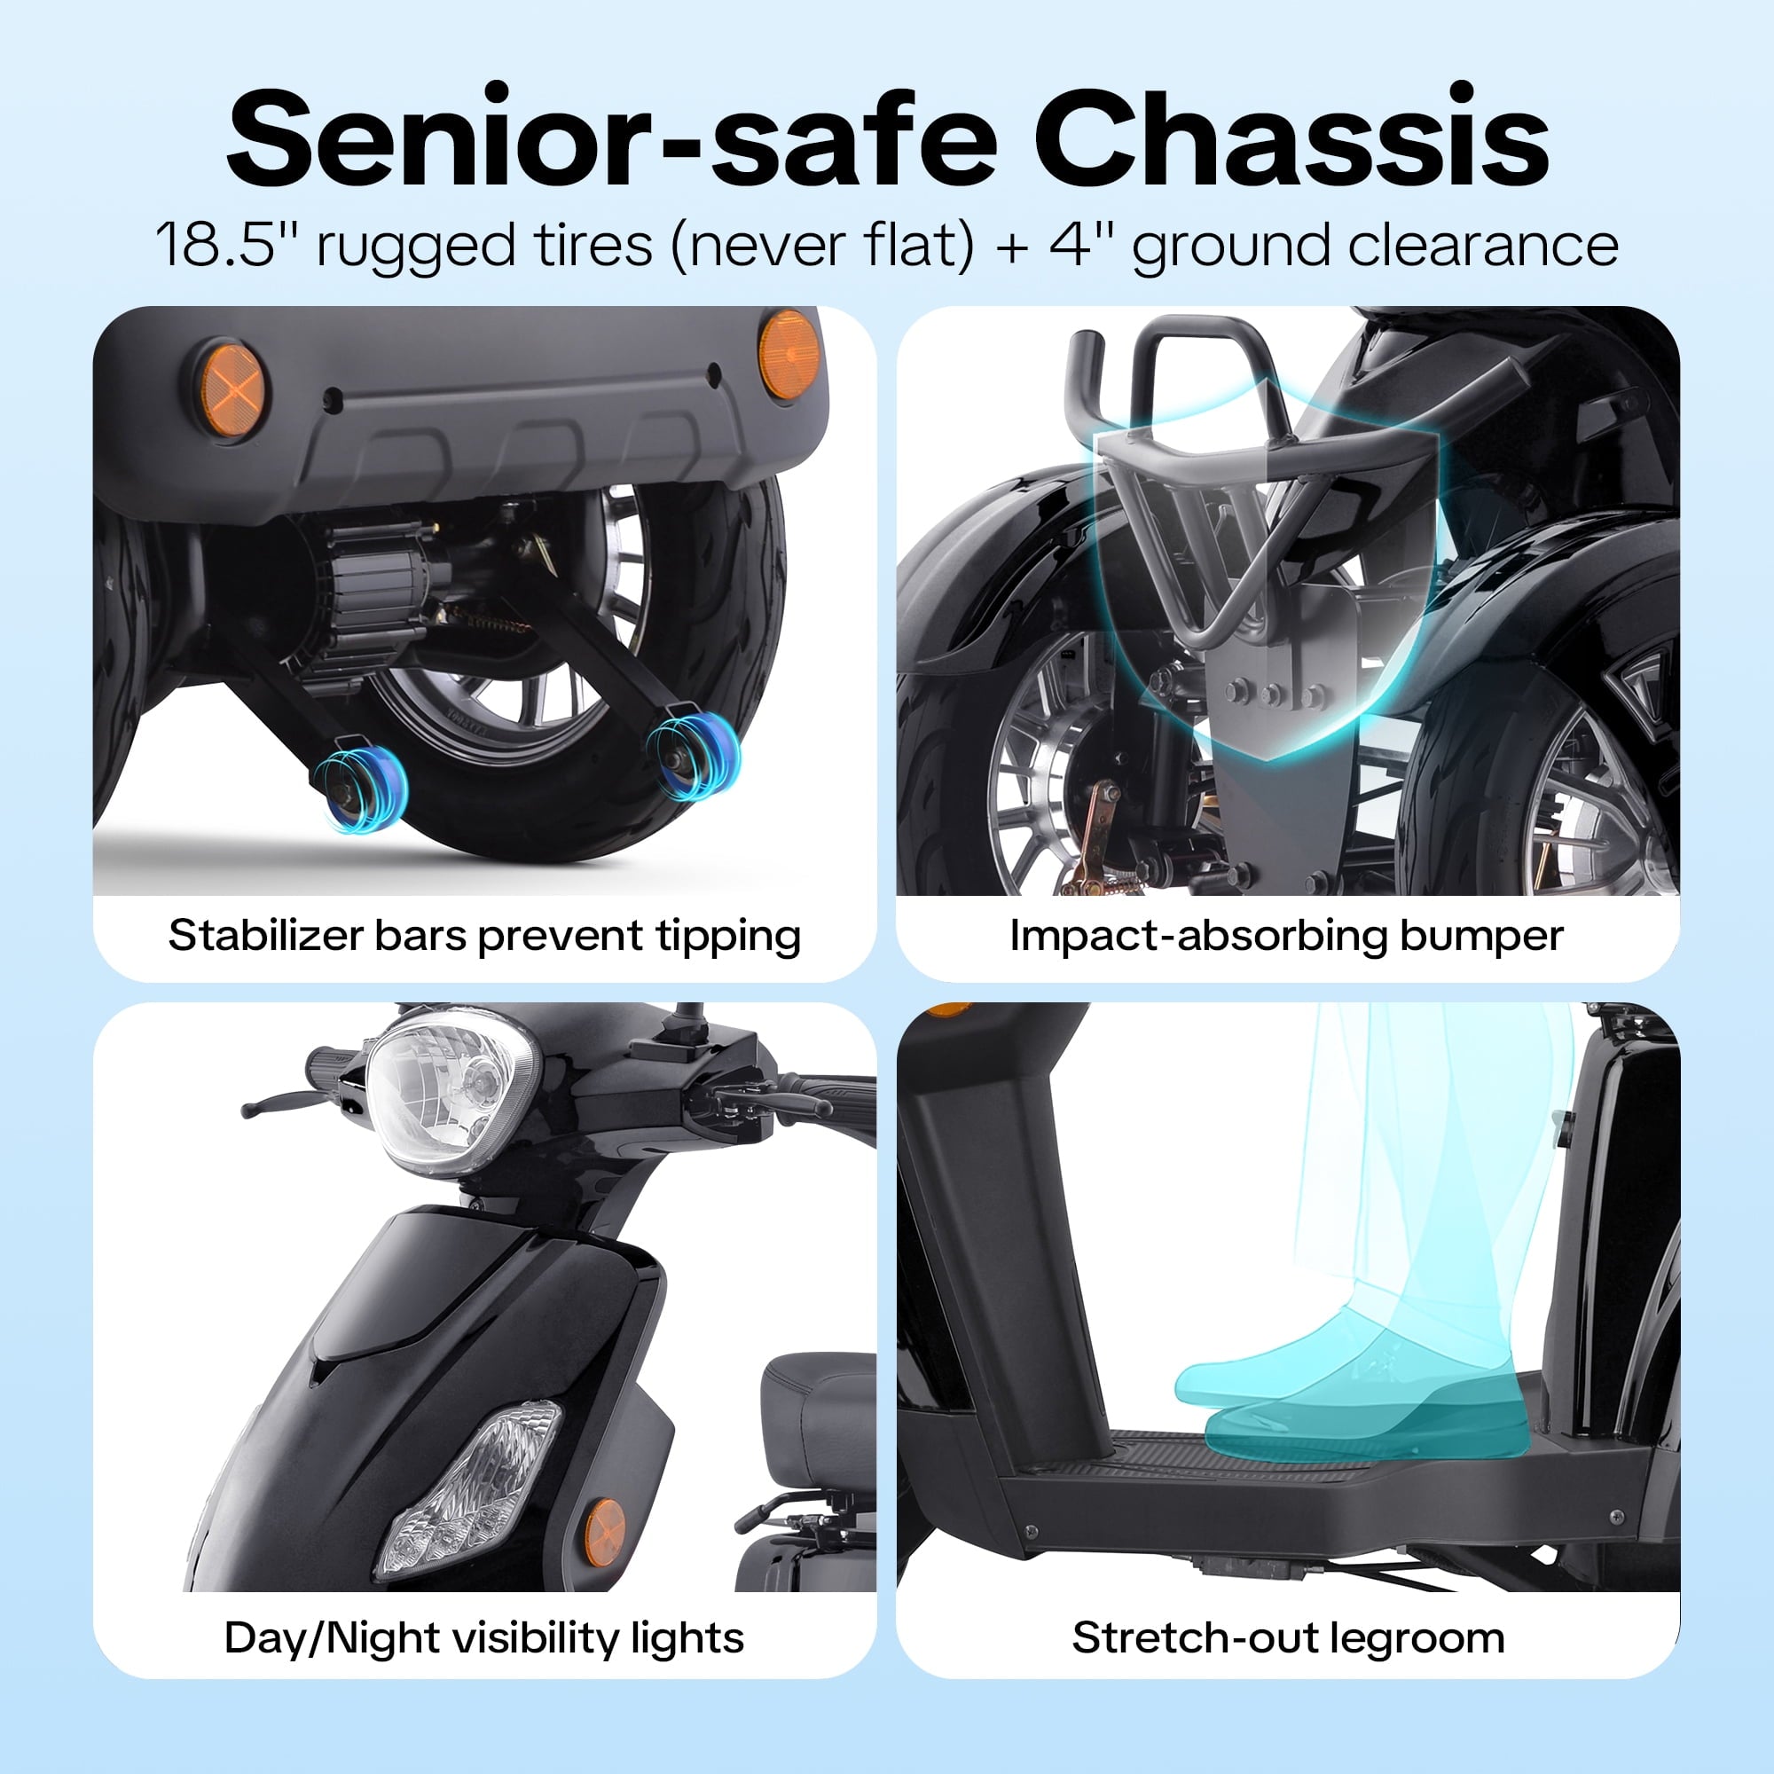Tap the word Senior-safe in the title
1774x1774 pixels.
(611, 137)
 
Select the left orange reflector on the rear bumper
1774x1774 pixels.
(233, 391)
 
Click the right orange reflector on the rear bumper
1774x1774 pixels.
(788, 356)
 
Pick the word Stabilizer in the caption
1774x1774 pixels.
(266, 937)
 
